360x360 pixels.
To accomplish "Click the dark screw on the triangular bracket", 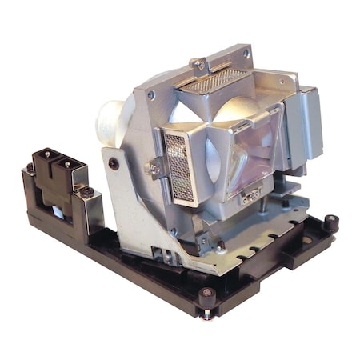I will [114, 164].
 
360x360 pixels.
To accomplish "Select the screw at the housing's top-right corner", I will [246, 54].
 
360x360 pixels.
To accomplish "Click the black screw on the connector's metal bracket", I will [87, 192].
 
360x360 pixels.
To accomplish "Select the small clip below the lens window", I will [253, 194].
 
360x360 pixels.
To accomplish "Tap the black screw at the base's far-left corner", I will [30, 169].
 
